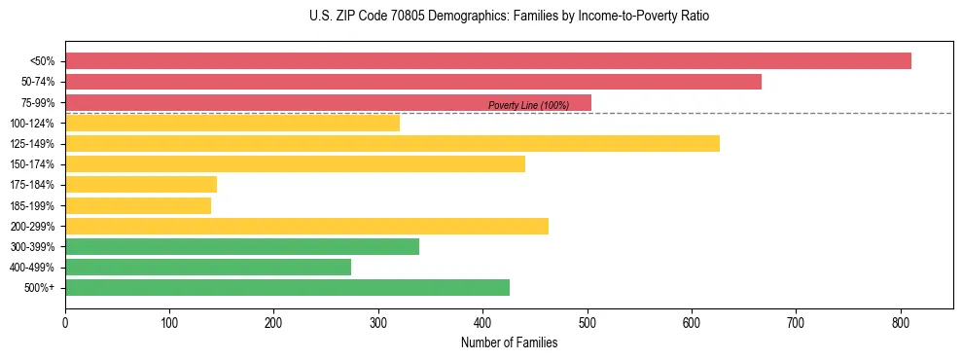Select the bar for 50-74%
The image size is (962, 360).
[x=413, y=82]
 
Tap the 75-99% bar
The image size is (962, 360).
[x=328, y=102]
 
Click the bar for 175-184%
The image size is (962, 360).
[x=141, y=185]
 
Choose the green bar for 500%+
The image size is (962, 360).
[x=287, y=288]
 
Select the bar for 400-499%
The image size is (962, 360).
[x=208, y=267]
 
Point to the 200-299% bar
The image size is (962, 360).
[x=306, y=226]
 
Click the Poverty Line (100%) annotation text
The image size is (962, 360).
[x=528, y=105]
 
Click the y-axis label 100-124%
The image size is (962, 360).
[x=32, y=124]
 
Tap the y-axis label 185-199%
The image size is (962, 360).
[x=32, y=205]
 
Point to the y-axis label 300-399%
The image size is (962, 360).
[x=32, y=247]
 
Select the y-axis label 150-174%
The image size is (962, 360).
[x=32, y=164]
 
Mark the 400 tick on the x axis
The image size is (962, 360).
[x=482, y=321]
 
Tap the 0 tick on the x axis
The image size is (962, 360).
[x=65, y=321]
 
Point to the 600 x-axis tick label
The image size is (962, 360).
[x=692, y=321]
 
